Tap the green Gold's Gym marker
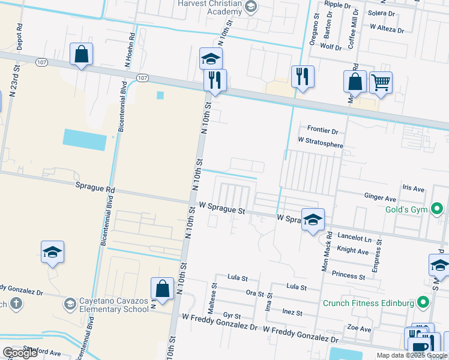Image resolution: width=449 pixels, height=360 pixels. (437, 209)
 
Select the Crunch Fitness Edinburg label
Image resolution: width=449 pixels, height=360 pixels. (369, 303)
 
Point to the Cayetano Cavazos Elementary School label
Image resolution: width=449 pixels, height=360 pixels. (114, 305)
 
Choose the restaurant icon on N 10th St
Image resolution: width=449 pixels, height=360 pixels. (215, 80)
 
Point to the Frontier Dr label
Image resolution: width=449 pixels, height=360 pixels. (323, 130)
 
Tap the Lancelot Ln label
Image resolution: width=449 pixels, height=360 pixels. (355, 238)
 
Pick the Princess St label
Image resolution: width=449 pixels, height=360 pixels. (348, 276)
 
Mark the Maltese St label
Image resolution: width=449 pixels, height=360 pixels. (211, 298)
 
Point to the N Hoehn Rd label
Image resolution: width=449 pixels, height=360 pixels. (128, 50)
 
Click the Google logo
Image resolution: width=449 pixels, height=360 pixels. (20, 353)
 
